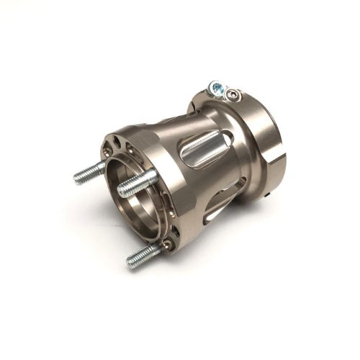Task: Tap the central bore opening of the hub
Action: click(x=140, y=198)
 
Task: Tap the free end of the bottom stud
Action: click(x=130, y=261)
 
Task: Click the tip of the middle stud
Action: click(x=121, y=190)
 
